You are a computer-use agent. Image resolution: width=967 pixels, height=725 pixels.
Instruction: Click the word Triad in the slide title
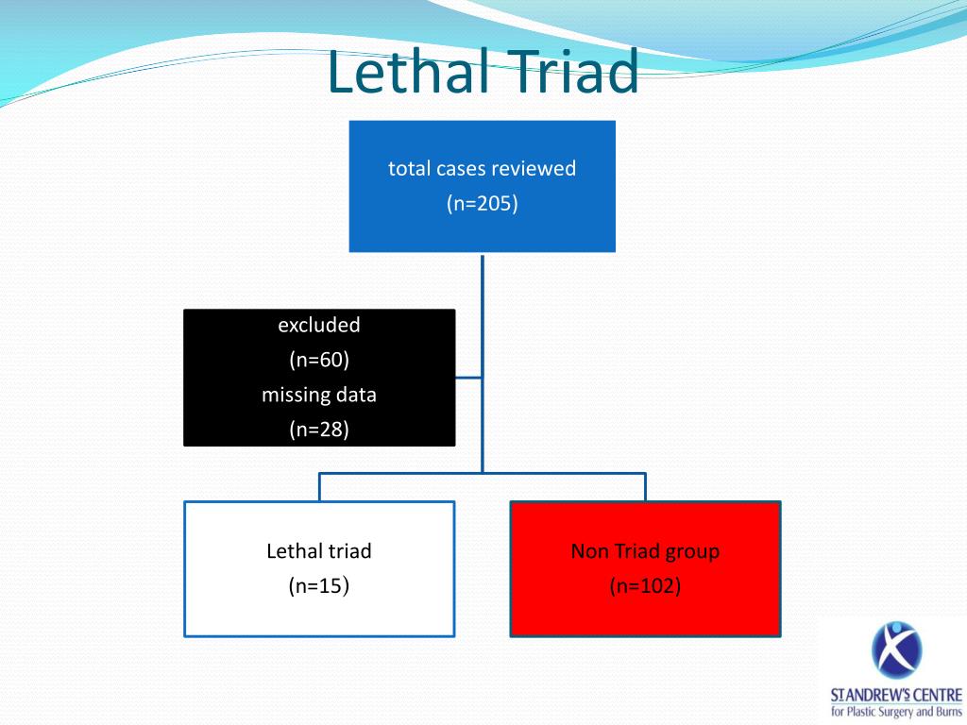tap(564, 73)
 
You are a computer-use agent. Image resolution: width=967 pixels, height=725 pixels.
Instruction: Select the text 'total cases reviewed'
tap(482, 169)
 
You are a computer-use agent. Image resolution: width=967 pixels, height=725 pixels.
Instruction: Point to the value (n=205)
tap(482, 204)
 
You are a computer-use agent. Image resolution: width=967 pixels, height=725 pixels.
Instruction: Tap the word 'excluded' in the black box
tap(319, 325)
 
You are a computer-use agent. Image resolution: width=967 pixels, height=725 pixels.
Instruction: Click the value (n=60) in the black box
tap(319, 360)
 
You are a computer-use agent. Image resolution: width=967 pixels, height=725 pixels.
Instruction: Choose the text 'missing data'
tap(319, 395)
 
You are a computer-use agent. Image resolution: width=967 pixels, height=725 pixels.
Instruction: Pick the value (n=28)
tap(319, 430)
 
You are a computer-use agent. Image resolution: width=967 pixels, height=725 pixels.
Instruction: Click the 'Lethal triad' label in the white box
tap(319, 550)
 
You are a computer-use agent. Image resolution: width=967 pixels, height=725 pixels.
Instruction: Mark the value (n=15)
tap(319, 586)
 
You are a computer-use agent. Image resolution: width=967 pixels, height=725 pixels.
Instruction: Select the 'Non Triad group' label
tap(645, 550)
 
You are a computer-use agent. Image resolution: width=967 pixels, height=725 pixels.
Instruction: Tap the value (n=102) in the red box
tap(645, 586)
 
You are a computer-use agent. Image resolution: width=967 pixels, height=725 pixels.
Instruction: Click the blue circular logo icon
tap(896, 651)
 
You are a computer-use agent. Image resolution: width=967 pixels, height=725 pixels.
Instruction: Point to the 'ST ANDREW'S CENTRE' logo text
tap(896, 695)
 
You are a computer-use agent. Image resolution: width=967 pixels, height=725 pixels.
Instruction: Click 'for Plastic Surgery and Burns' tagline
tap(896, 712)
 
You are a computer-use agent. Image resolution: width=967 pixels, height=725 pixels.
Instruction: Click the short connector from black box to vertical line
tap(468, 378)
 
